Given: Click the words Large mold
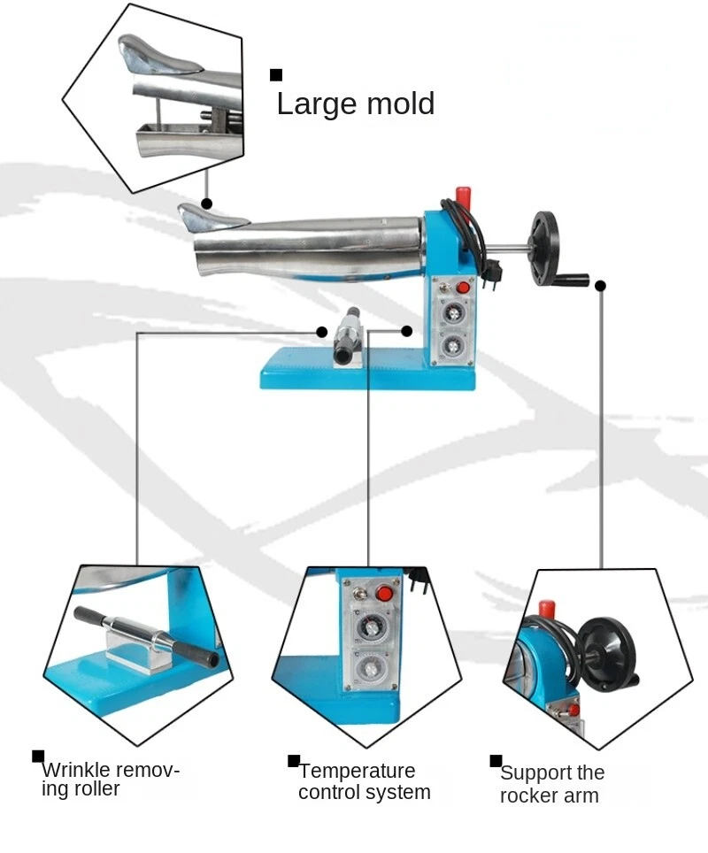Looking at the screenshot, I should (x=355, y=104).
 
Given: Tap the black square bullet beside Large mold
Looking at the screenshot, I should (x=276, y=75).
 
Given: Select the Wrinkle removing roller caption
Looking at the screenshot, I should (x=110, y=779).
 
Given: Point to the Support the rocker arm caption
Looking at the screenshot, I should (x=551, y=785).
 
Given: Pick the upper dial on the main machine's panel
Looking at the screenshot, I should (x=452, y=312).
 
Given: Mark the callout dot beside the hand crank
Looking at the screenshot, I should (x=600, y=285).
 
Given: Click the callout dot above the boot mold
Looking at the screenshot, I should (x=206, y=204).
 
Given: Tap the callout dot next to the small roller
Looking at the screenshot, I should (x=322, y=331).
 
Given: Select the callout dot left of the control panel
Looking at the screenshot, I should (x=406, y=331).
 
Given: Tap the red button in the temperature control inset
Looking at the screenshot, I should (x=383, y=594).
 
